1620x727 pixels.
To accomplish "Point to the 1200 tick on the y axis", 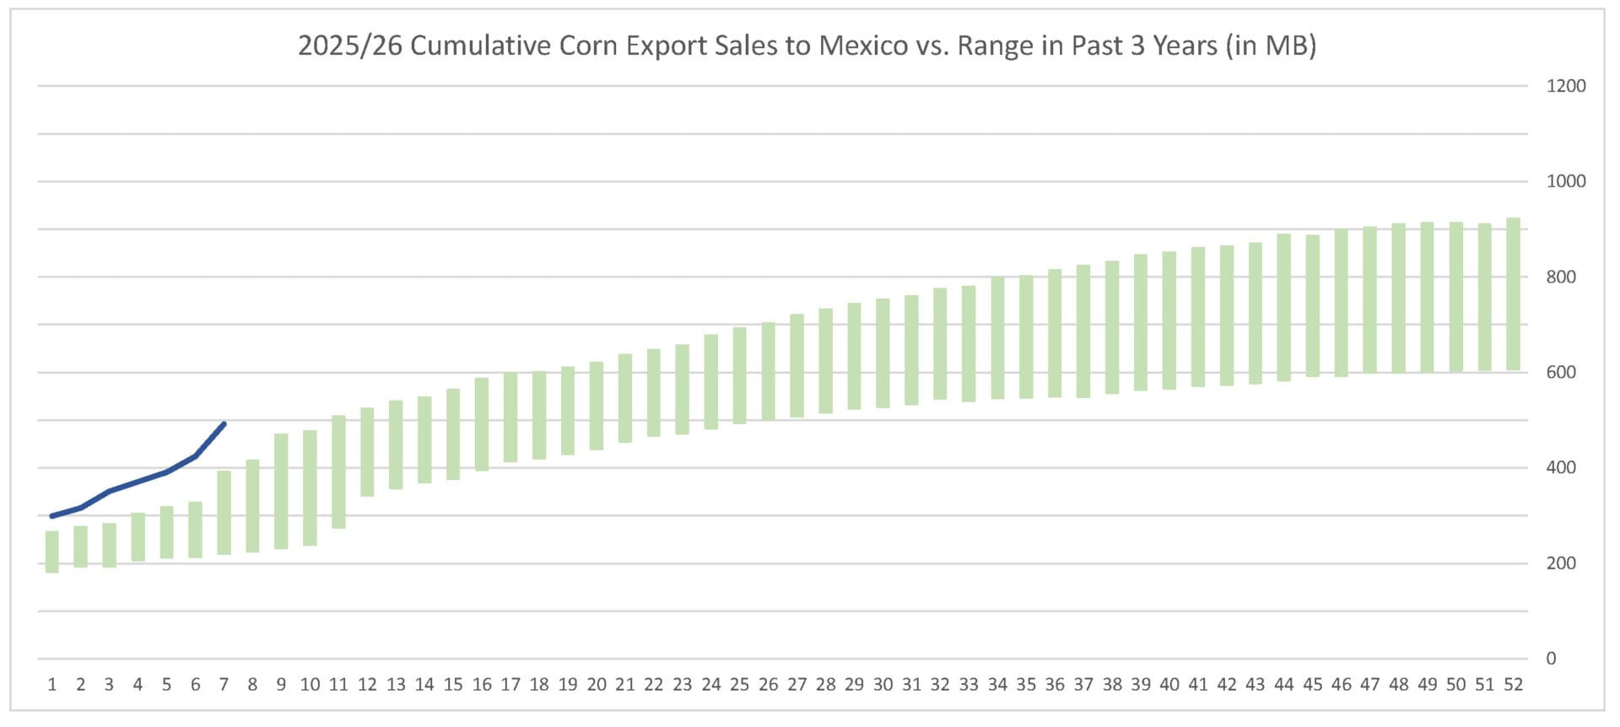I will click(1565, 86).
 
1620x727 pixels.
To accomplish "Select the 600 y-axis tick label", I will click(1560, 372).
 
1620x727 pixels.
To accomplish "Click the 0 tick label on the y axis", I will click(1551, 659).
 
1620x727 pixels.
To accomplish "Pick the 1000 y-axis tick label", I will click(1565, 181).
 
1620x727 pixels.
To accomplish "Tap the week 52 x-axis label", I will click(1513, 685).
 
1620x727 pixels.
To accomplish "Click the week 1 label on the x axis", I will click(52, 685).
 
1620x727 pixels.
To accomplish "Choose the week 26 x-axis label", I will click(768, 685).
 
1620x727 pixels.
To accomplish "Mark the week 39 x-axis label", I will click(1141, 685).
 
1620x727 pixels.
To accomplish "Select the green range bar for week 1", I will click(52, 552).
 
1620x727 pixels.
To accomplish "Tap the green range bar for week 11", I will click(338, 472).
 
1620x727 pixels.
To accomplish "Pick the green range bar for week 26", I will click(768, 371).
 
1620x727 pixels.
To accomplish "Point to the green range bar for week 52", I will click(1513, 294).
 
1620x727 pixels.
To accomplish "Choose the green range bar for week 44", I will click(1283, 308).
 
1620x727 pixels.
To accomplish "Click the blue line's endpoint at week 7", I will click(224, 423).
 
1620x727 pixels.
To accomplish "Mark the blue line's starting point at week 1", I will click(52, 516).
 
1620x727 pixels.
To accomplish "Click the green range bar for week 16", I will click(482, 424).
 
